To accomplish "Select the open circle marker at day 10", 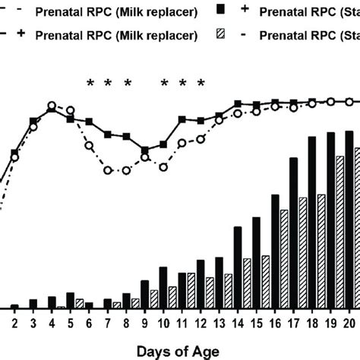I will [x=163, y=167].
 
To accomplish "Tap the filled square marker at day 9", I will [x=145, y=150].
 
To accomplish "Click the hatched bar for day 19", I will [x=340, y=232].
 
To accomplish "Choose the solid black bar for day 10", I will [x=163, y=288].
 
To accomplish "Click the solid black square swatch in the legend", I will [x=221, y=9].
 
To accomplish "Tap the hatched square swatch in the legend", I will [x=221, y=35].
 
